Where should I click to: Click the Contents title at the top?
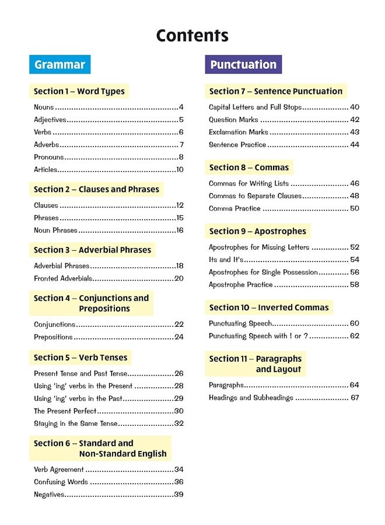(x=192, y=36)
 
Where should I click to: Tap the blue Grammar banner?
(x=60, y=65)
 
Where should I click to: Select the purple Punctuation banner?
(x=243, y=65)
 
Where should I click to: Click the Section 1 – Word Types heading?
(x=79, y=92)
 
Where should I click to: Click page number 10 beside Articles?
(x=180, y=170)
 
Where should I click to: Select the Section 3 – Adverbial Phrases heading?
(x=92, y=250)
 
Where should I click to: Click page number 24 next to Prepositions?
(x=178, y=337)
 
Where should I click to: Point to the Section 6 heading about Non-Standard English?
(x=100, y=449)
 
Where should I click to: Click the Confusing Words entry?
(x=61, y=482)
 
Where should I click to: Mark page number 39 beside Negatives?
(x=178, y=495)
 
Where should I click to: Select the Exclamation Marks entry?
(x=239, y=132)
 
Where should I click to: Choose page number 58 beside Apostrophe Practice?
(x=354, y=285)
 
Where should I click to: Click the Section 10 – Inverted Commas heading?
(x=269, y=308)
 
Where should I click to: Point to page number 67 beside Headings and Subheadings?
(x=354, y=398)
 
